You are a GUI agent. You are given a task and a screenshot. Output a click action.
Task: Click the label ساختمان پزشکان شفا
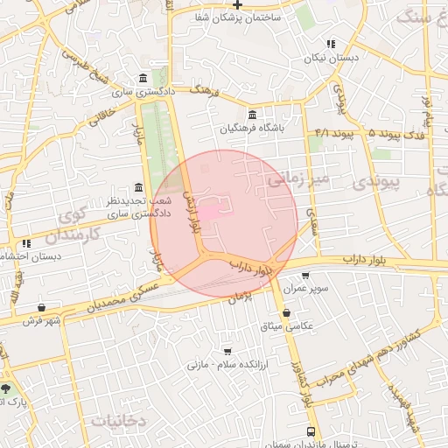(237, 17)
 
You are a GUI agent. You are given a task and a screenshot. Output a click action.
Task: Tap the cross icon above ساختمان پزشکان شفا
(237, 4)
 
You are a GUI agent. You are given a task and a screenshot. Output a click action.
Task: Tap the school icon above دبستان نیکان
(330, 44)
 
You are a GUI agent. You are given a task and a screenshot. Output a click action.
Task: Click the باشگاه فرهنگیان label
(252, 128)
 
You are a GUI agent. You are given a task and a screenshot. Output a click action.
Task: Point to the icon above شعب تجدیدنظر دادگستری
(139, 187)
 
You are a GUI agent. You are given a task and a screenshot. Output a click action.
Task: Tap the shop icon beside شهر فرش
(41, 307)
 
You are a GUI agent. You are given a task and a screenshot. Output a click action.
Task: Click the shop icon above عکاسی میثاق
(287, 312)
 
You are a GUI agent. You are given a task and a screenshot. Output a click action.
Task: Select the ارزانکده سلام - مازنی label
(228, 363)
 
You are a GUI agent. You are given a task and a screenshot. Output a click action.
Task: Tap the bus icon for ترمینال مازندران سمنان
(311, 431)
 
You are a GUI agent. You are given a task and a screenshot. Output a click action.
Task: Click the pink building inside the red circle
(213, 212)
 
